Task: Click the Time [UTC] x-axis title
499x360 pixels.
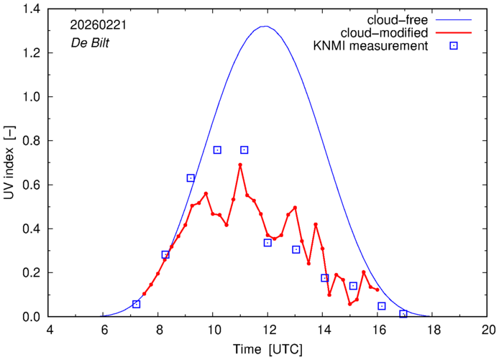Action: tap(267, 349)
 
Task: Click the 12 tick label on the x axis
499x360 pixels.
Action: tap(268, 330)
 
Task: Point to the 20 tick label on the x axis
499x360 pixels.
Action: tap(488, 330)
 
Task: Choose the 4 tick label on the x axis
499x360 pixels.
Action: tap(49, 330)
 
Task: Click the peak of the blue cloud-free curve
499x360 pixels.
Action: tap(265, 27)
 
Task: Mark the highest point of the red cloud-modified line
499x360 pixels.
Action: tap(240, 165)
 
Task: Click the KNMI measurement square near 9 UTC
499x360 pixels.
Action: tap(191, 177)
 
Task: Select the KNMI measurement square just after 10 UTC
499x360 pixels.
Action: tap(217, 149)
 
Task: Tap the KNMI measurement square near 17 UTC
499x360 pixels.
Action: tap(403, 314)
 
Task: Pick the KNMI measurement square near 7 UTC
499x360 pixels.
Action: tap(137, 304)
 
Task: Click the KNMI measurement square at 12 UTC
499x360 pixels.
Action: tap(267, 242)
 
